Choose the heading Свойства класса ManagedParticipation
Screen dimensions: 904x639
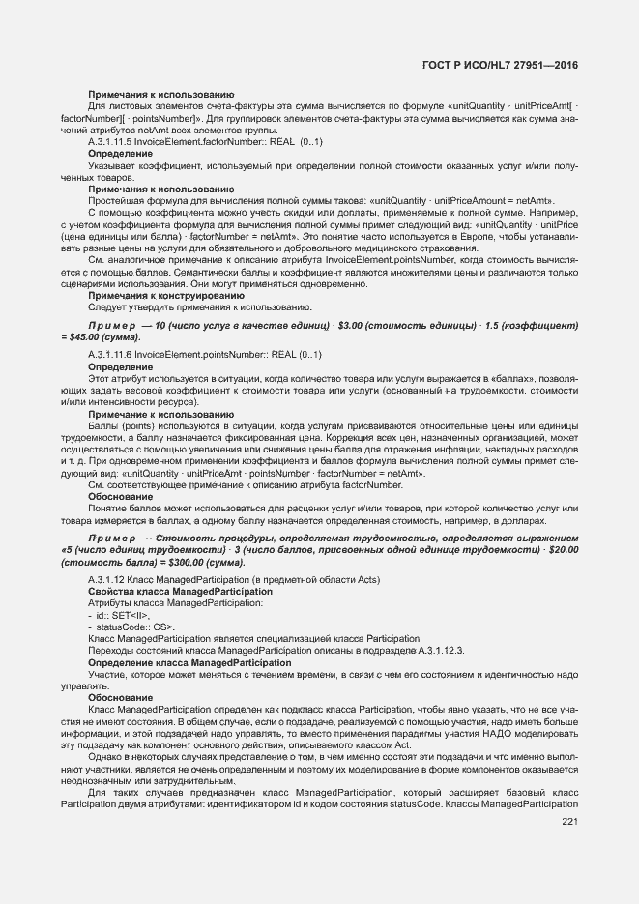(166, 591)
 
